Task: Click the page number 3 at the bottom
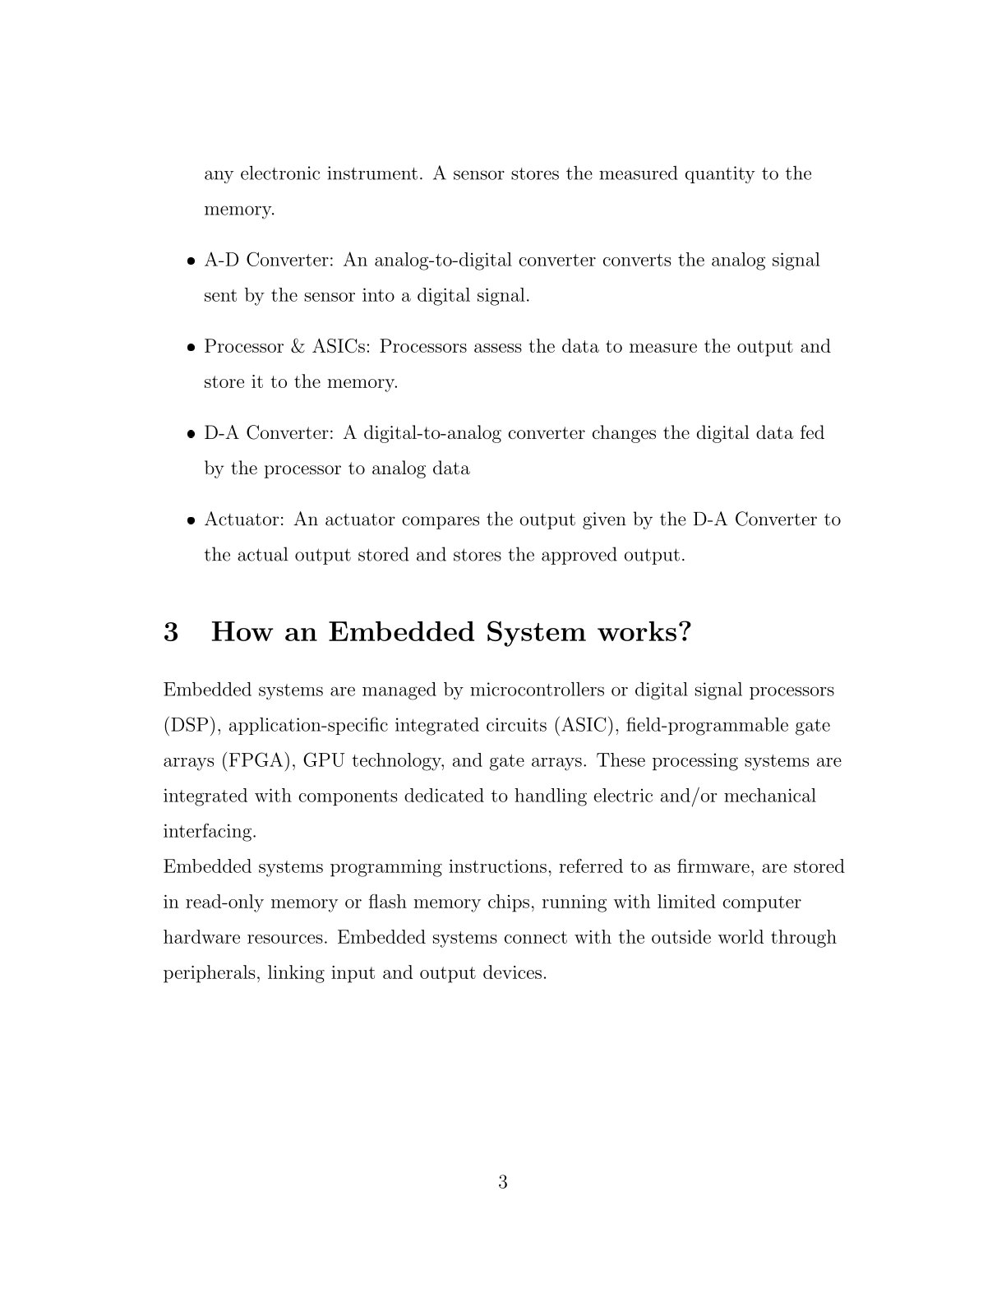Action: point(502,1182)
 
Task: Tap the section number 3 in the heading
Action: point(171,632)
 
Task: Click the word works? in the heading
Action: point(644,632)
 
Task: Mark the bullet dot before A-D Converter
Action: point(190,261)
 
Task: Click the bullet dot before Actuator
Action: point(190,520)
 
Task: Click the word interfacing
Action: point(210,831)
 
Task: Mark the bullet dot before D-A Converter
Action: point(190,434)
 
